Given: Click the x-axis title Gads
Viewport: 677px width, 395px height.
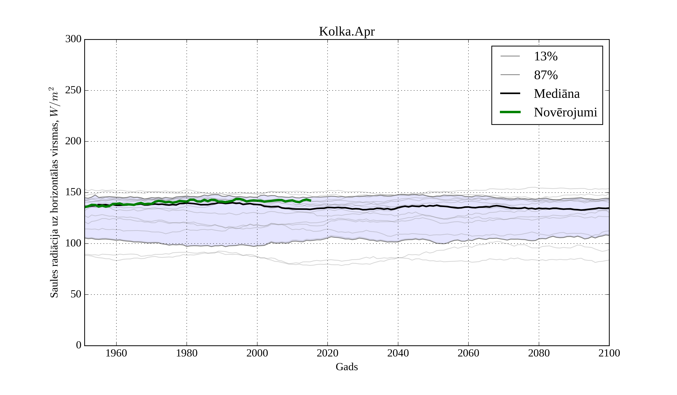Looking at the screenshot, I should pos(347,367).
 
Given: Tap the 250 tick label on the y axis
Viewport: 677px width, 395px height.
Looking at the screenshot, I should pos(73,90).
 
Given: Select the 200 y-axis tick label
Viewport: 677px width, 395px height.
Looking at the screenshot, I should pos(73,141).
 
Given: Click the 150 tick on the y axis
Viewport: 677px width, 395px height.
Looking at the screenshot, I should pos(73,192).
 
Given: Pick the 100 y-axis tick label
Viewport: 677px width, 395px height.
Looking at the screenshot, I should pos(73,243).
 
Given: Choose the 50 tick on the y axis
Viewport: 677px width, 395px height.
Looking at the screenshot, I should pos(76,295).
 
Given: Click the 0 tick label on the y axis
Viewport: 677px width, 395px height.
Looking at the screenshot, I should pos(79,345).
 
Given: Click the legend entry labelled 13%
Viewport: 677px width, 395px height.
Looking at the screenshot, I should pos(545,56).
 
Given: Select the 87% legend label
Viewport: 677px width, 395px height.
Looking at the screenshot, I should pos(546,75).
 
